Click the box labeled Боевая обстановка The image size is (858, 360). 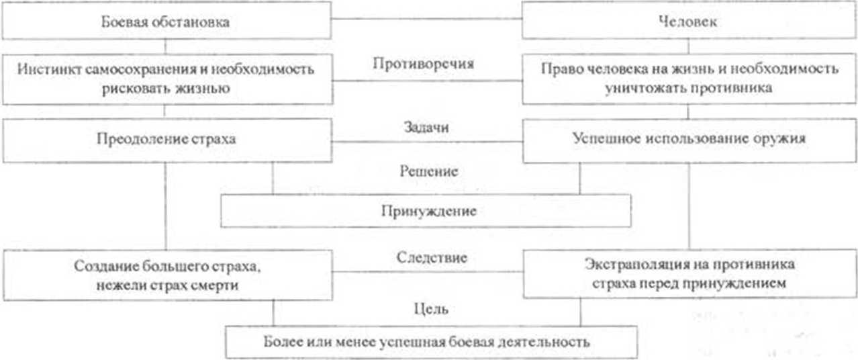tap(166, 21)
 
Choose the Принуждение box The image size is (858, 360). tap(427, 211)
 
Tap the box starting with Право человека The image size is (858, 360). tap(689, 79)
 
